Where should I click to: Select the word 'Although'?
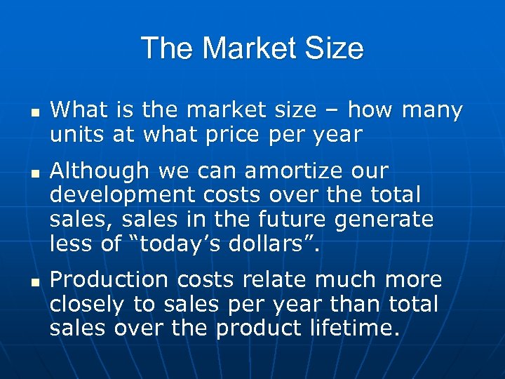(100, 171)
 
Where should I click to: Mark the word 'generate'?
(385, 220)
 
